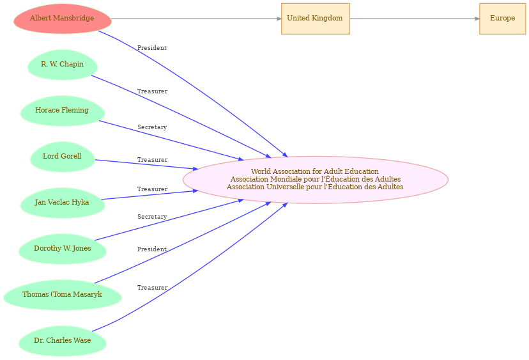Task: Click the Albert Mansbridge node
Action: tap(63, 19)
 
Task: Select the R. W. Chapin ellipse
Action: tap(63, 65)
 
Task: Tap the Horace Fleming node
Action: tap(63, 111)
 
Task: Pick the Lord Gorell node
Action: tap(63, 157)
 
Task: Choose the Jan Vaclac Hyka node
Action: tap(63, 203)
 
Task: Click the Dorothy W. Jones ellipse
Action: tap(63, 249)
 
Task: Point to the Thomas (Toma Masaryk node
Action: tap(63, 295)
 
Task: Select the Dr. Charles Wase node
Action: tap(63, 341)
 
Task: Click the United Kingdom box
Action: tap(316, 19)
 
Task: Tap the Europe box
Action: tap(502, 19)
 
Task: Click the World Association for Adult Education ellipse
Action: tap(316, 180)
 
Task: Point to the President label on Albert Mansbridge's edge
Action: tap(152, 48)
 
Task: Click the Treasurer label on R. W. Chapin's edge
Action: tap(152, 91)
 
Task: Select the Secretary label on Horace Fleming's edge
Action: tap(152, 127)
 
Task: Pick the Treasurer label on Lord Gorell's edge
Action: tap(152, 160)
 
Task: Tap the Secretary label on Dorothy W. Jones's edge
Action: tap(152, 217)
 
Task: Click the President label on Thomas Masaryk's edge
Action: tap(152, 249)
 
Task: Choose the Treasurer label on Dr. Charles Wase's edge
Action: tap(152, 288)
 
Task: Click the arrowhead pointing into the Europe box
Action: tap(477, 19)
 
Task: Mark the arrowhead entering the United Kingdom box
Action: tap(279, 19)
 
